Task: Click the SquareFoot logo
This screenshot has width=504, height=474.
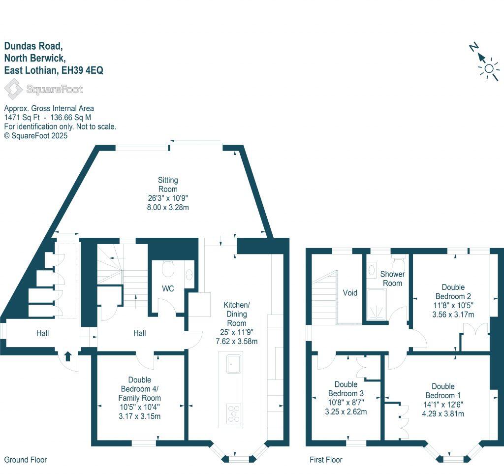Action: click(43, 90)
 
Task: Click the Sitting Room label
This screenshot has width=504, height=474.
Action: click(167, 185)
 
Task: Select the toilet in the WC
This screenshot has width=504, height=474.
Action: click(168, 270)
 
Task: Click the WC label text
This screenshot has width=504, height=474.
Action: click(168, 289)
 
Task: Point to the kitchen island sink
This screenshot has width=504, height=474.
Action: click(233, 365)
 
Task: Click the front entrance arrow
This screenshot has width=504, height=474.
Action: click(67, 355)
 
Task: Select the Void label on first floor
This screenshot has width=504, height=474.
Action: click(350, 292)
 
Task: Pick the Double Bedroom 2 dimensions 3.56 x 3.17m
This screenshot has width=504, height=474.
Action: click(451, 314)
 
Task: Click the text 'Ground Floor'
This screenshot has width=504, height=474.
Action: click(26, 460)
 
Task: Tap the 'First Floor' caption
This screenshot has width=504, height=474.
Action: click(326, 460)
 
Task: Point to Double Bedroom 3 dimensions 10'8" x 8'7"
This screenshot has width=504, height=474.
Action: click(348, 403)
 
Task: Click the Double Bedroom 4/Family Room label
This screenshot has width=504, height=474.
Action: click(139, 389)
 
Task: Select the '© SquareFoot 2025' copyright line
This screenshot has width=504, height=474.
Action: click(36, 135)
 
